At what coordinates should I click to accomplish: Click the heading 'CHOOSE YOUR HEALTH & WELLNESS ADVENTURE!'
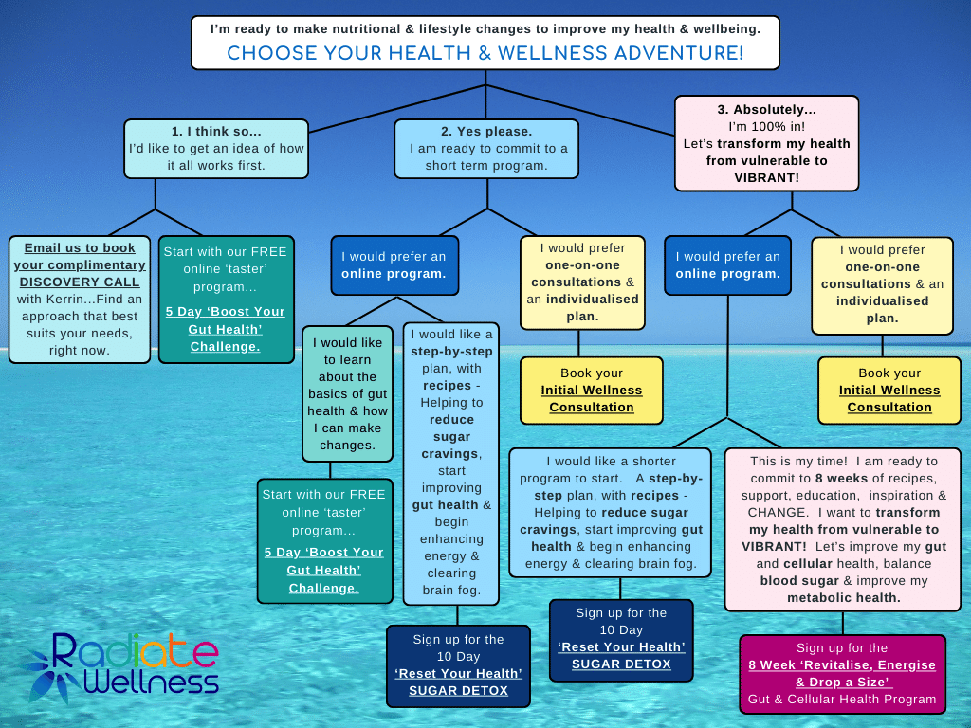tap(485, 53)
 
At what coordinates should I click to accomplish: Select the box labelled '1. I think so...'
tap(216, 149)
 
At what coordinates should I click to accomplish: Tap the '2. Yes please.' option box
tap(486, 149)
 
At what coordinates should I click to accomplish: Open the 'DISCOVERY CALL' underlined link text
tap(80, 282)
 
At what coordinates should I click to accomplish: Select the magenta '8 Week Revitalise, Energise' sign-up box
tap(842, 674)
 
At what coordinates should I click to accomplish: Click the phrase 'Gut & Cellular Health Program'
tap(842, 700)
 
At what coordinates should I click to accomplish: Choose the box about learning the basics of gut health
tap(347, 393)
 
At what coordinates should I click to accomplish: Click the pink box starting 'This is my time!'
tap(842, 530)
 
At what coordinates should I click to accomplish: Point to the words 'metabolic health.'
tap(843, 598)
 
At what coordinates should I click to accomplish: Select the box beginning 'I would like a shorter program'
tap(610, 513)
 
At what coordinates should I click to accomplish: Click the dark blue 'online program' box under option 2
tap(394, 265)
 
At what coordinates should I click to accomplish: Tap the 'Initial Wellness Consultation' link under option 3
tap(889, 399)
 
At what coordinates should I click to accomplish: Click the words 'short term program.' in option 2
tap(486, 166)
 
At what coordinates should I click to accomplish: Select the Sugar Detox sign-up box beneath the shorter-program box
tap(621, 640)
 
